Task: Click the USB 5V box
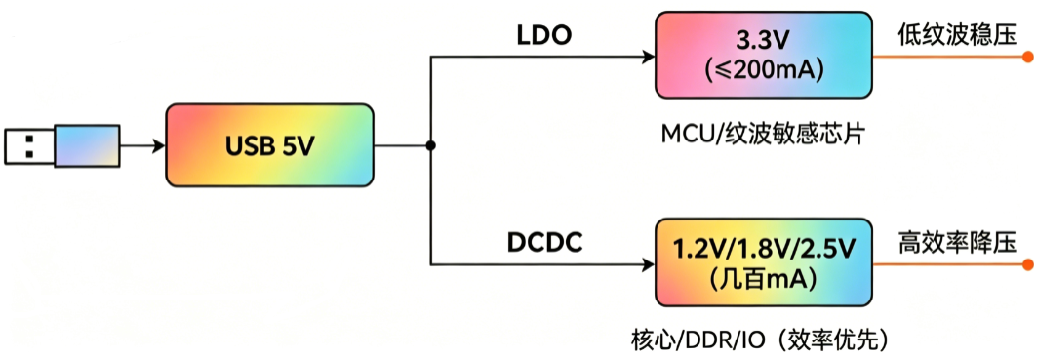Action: click(269, 145)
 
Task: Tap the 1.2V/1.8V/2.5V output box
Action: click(764, 263)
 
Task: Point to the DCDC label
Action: click(545, 244)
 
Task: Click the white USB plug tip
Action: click(30, 145)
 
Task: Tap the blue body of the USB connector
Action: click(87, 145)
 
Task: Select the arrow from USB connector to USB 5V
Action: click(142, 145)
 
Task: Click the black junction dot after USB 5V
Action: click(430, 145)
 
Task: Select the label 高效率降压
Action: click(956, 244)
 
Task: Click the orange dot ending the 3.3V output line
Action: click(1028, 57)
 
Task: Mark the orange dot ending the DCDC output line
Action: click(1028, 265)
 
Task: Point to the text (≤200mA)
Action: click(764, 69)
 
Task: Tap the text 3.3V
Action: click(764, 42)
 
